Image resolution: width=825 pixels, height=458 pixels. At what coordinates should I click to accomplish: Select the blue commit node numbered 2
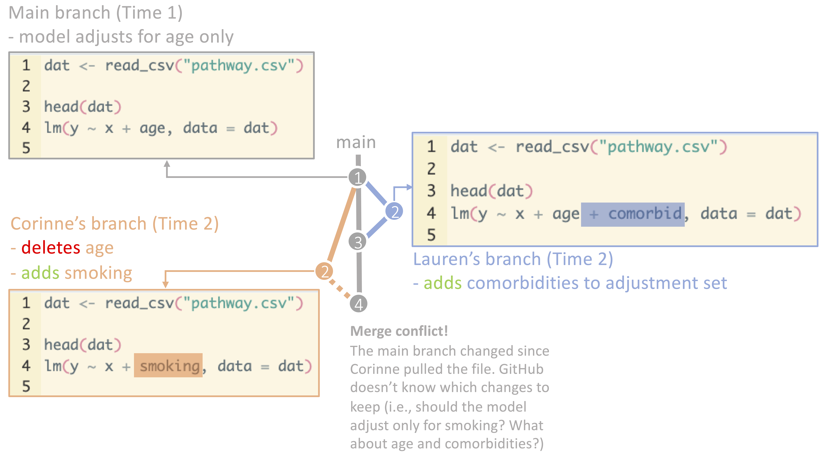[x=394, y=211]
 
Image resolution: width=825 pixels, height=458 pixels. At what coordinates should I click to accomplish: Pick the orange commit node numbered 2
[x=324, y=271]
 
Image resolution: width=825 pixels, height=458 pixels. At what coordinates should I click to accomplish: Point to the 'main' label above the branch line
[x=356, y=142]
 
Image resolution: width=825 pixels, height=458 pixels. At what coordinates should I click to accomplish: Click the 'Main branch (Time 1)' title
[x=95, y=13]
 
